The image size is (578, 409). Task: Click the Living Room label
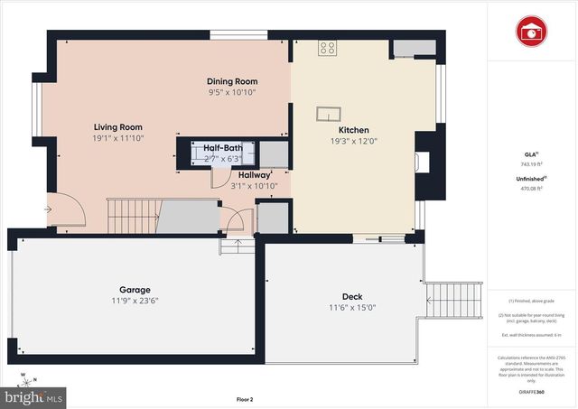(119, 127)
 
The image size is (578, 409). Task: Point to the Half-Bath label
(222, 147)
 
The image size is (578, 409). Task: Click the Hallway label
(253, 175)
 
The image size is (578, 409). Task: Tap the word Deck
(352, 297)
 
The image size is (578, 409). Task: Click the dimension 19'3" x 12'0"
(354, 141)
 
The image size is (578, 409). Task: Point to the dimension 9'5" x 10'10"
(232, 92)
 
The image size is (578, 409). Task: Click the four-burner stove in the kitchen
(327, 49)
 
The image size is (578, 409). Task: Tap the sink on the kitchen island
(328, 114)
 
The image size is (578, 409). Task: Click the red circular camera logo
(531, 31)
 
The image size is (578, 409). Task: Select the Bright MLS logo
(34, 396)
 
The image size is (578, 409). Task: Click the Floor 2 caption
(244, 399)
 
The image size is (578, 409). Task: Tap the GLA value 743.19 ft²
(531, 164)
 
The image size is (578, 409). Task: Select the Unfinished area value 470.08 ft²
(531, 190)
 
